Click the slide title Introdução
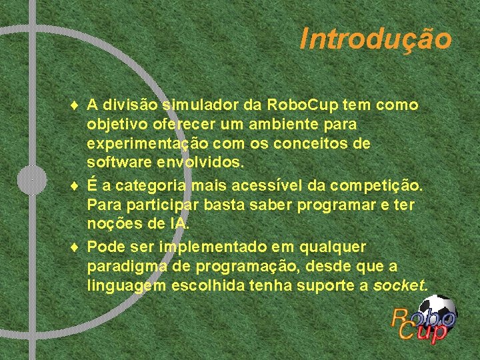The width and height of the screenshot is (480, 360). (375, 39)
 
